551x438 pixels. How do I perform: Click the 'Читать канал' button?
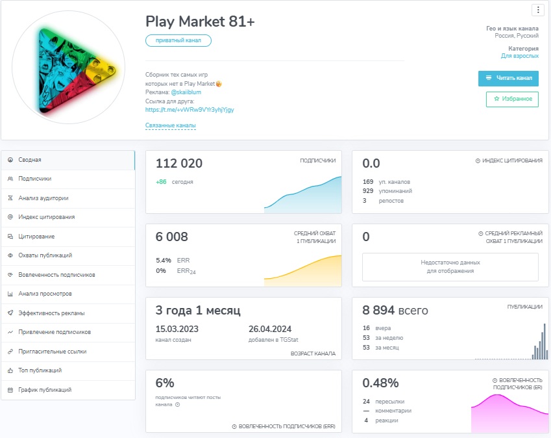(508, 78)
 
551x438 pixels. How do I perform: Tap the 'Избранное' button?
(512, 99)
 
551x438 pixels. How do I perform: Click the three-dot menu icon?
(538, 10)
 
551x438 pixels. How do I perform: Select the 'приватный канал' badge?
(178, 40)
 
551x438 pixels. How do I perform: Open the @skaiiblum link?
(186, 92)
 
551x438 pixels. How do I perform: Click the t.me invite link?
(190, 110)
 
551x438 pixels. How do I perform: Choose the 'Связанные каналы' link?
(171, 125)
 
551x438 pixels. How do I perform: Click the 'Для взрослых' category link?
(519, 56)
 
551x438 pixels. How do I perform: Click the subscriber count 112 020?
(179, 163)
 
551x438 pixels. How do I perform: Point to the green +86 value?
(161, 182)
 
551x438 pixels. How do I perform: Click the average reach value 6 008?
(171, 237)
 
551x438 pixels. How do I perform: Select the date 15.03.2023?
(177, 329)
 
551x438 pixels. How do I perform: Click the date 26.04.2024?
(270, 329)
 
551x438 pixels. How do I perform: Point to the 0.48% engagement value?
(380, 383)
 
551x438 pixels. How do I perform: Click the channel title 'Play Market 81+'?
(200, 21)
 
